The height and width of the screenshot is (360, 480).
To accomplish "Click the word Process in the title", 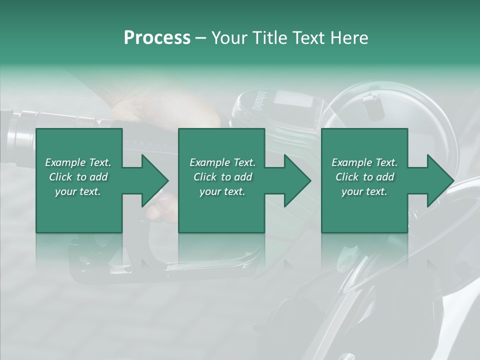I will pos(157,38).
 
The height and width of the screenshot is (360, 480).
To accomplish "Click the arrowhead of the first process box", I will pos(154,180).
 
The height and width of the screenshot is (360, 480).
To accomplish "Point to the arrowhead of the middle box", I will pos(297,180).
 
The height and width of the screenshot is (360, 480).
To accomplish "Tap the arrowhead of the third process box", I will pos(440,180).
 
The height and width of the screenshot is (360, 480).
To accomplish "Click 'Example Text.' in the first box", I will pos(78,162).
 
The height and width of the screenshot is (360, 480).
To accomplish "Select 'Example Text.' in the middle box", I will pos(222,162).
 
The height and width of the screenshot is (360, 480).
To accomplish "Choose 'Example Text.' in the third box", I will pos(364,162).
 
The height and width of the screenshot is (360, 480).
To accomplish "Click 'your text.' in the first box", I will pos(78,191).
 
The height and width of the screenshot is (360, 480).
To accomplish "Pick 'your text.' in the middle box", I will pos(222,191).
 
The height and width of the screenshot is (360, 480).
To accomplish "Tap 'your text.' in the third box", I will pos(364,191).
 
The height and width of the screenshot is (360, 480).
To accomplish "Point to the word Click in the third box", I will pos(348,177).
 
